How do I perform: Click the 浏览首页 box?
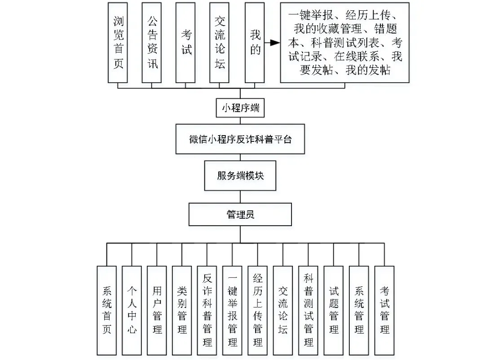[x=118, y=43]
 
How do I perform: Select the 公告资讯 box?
[x=152, y=43]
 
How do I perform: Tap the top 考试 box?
[x=186, y=43]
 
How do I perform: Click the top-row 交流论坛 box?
[x=220, y=43]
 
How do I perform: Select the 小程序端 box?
[x=240, y=108]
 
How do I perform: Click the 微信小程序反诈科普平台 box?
[x=240, y=139]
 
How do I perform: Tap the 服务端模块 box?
[x=240, y=175]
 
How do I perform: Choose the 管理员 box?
[x=240, y=214]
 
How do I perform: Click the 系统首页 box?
[x=107, y=310]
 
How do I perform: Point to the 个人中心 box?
[x=132, y=310]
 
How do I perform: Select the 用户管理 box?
[x=157, y=310]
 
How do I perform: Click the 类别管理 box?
[x=182, y=310]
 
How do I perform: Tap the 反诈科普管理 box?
[x=207, y=310]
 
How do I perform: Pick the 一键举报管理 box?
[x=233, y=310]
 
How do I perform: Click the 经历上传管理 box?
[x=258, y=310]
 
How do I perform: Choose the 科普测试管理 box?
[x=309, y=310]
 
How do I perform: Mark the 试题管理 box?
[x=334, y=310]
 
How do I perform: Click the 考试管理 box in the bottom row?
[x=384, y=310]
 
